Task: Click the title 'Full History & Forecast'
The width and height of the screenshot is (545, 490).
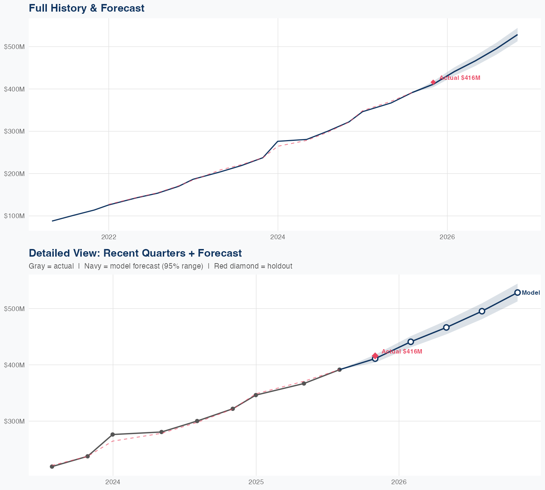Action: tap(86, 8)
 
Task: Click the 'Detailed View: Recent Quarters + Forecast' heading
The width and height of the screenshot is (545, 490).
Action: tap(135, 253)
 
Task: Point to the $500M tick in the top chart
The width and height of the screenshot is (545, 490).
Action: tap(14, 47)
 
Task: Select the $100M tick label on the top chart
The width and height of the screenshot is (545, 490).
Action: tap(14, 216)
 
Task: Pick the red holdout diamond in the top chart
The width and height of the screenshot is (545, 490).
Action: tap(433, 82)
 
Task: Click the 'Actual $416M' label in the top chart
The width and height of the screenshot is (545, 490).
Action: tap(460, 78)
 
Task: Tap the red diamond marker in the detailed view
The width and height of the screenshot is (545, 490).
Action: tap(375, 356)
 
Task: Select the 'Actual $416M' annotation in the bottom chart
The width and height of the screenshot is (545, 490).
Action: tap(402, 352)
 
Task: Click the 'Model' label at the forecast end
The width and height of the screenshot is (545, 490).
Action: tap(531, 293)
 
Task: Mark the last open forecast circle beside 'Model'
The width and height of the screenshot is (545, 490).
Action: tap(517, 293)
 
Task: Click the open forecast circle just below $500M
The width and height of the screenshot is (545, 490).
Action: tap(482, 311)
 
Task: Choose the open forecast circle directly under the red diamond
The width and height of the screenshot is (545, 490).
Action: tap(375, 359)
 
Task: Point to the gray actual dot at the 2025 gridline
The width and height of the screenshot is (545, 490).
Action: tap(256, 395)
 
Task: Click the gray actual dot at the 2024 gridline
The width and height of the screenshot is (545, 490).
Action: tap(113, 434)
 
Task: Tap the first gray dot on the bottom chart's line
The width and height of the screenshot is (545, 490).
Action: tap(52, 466)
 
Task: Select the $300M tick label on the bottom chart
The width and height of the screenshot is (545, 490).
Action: tap(14, 421)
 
